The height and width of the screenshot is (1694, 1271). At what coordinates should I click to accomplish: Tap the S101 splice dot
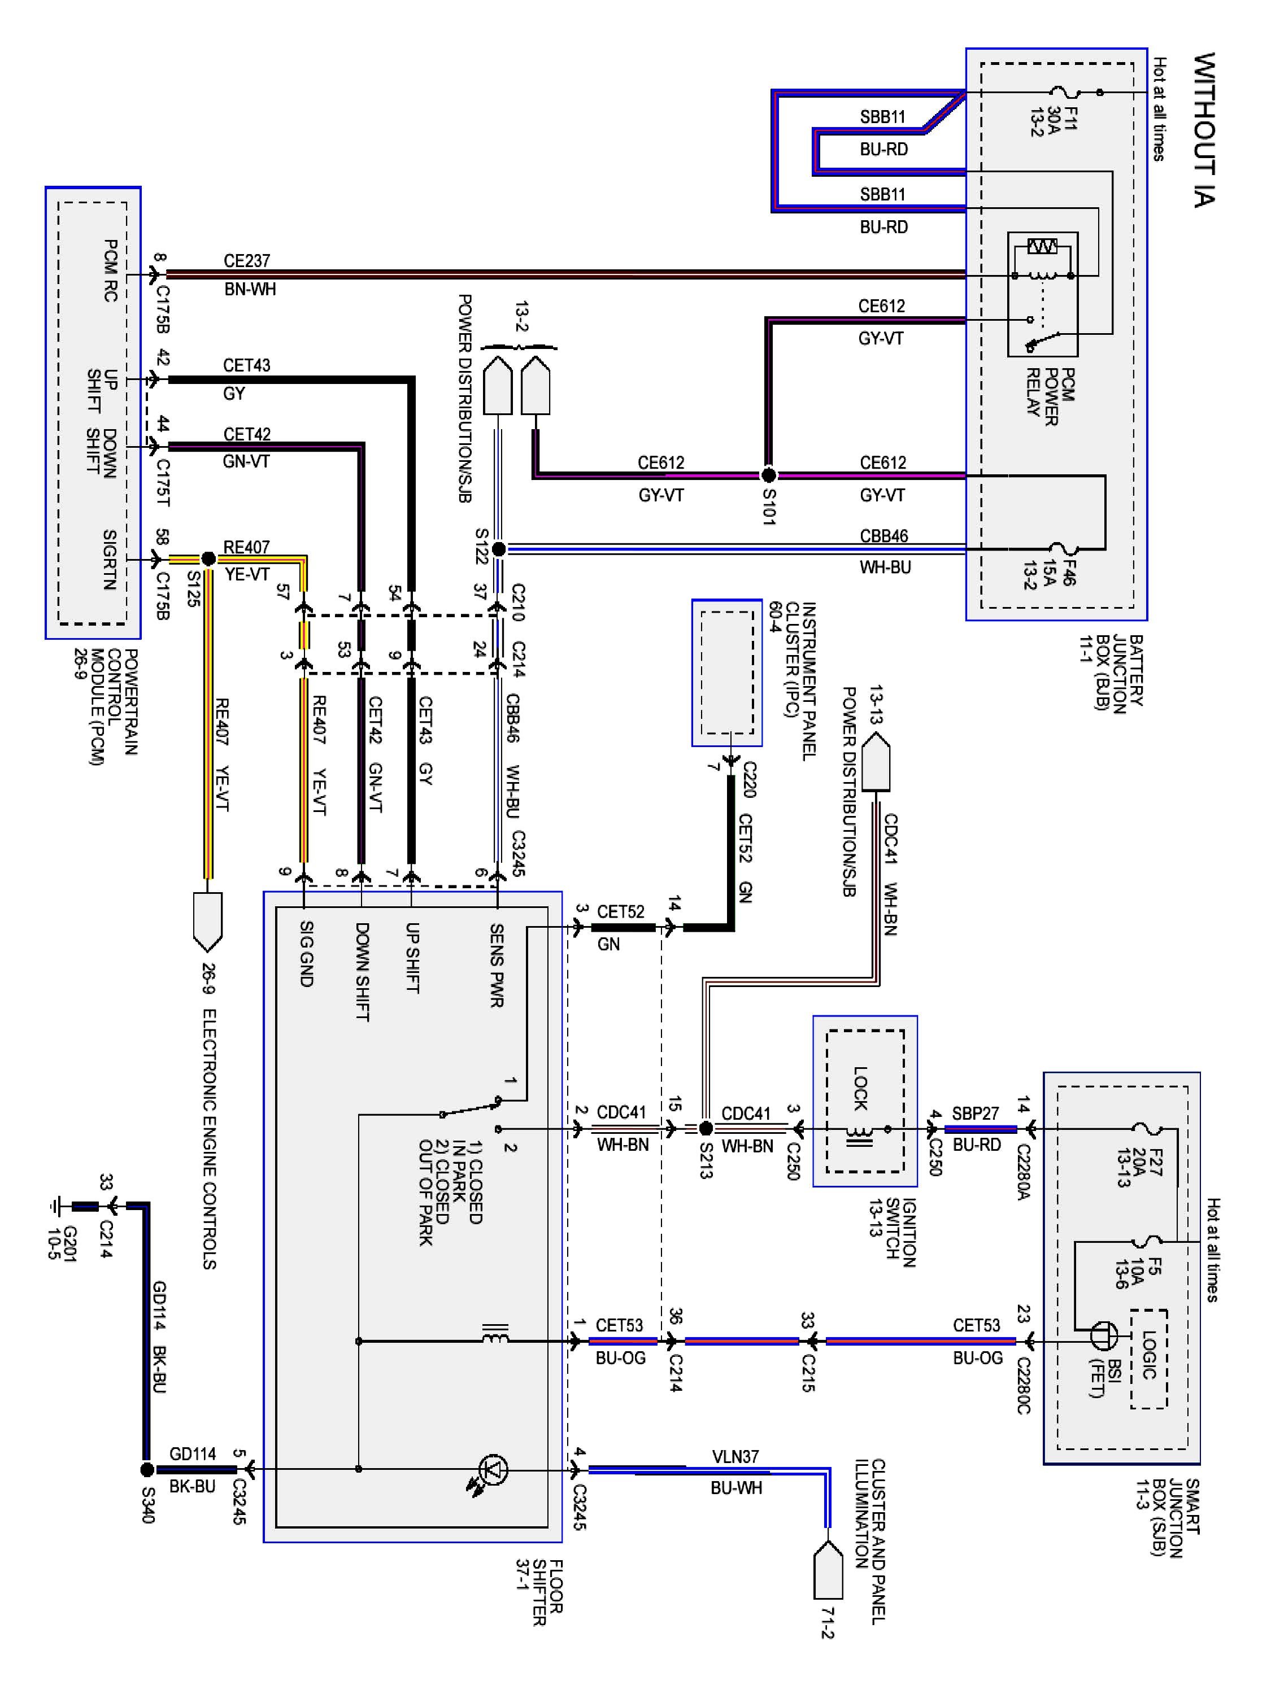click(768, 475)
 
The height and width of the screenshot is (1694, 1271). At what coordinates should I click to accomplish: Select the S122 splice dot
click(498, 548)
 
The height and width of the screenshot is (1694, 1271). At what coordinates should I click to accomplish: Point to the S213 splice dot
click(706, 1128)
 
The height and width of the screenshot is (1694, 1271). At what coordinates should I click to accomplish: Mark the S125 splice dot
click(208, 558)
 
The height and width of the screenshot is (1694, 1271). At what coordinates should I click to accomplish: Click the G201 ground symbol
click(55, 1207)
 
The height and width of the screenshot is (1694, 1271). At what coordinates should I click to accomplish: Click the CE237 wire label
click(247, 261)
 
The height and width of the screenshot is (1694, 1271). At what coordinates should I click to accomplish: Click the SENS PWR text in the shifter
click(497, 965)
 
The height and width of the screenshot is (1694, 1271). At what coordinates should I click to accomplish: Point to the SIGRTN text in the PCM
click(110, 560)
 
